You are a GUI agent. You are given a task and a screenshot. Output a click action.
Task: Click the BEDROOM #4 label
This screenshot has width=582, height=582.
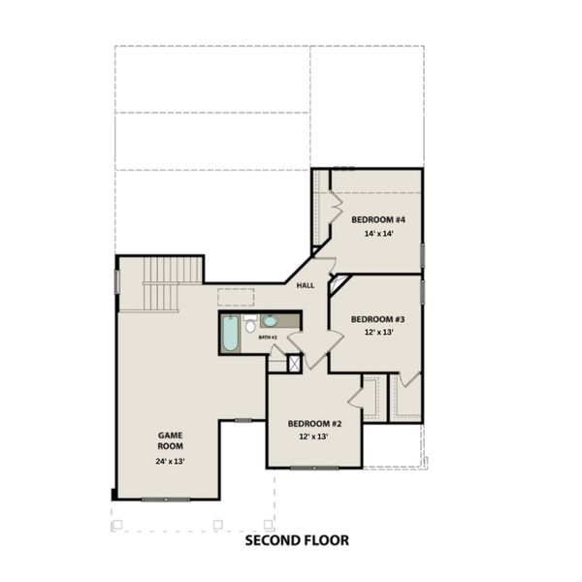click(x=377, y=220)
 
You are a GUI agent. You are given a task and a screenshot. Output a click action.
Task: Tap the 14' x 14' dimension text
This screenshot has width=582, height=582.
click(x=377, y=235)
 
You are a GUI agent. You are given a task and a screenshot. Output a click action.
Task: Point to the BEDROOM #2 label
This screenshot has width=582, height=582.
click(x=314, y=424)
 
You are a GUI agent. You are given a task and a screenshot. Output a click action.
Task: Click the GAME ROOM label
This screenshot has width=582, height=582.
click(x=171, y=440)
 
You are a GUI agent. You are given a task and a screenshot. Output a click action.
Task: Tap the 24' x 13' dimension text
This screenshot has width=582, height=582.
click(x=171, y=461)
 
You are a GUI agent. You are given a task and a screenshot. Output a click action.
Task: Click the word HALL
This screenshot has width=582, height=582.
click(x=306, y=285)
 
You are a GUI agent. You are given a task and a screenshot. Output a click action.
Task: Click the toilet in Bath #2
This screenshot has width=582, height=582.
click(x=249, y=323)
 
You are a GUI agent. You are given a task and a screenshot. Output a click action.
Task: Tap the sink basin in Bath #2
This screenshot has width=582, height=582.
click(x=270, y=321)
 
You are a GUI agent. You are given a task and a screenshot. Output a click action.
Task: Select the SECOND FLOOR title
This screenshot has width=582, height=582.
click(x=296, y=540)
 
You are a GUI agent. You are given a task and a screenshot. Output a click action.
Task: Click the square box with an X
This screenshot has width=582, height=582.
click(x=294, y=363)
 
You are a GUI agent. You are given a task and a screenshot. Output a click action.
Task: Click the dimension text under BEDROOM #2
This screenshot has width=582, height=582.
click(x=314, y=437)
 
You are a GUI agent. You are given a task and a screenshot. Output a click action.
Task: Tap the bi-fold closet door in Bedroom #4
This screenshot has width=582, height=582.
click(x=336, y=205)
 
